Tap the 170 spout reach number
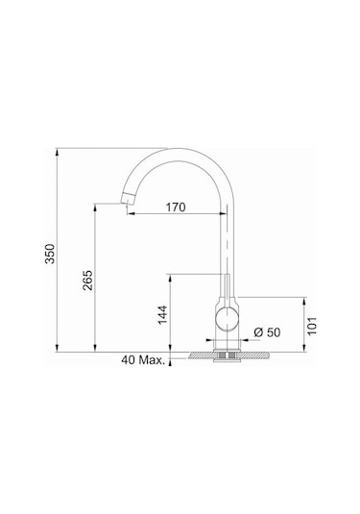(174, 208)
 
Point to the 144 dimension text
(162, 313)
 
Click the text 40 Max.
(142, 361)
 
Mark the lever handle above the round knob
(227, 288)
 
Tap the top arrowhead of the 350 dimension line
(60, 152)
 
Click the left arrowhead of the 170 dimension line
(132, 214)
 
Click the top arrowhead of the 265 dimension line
(97, 206)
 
